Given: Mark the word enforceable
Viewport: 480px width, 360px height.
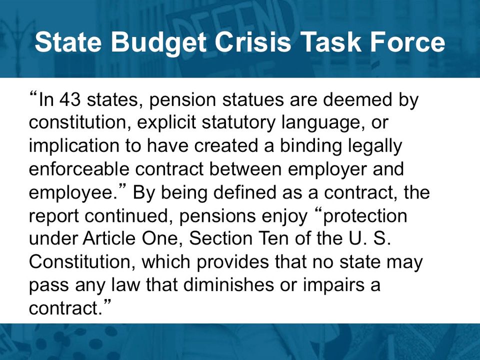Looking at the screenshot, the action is coord(79,168).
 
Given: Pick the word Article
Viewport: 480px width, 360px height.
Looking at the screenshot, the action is coord(108,238).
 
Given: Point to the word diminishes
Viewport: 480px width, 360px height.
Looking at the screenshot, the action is coord(229,284).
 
